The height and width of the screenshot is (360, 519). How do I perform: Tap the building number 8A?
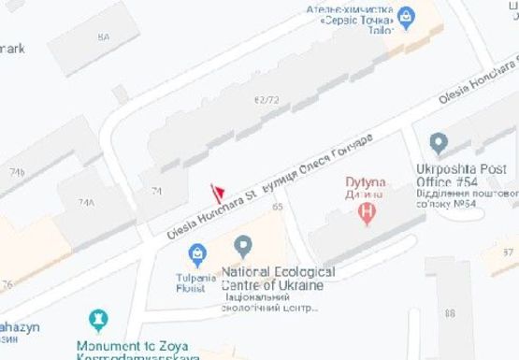click(103, 36)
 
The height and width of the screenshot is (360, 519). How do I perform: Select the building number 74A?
click(86, 202)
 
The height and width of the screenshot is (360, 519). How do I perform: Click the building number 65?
click(277, 207)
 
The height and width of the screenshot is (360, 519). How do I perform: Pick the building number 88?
click(451, 312)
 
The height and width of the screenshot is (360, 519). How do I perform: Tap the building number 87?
click(509, 252)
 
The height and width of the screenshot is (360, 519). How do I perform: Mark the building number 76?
click(7, 284)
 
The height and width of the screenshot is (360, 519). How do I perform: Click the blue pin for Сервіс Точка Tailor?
click(406, 15)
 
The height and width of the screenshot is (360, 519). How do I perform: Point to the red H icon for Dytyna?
click(368, 212)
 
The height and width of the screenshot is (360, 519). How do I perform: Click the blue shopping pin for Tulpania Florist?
click(198, 251)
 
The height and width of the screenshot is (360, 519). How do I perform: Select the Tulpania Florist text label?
click(195, 281)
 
